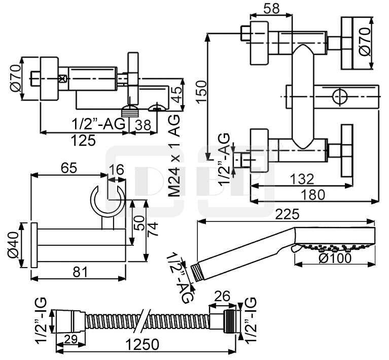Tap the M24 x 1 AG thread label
click(x=174, y=155)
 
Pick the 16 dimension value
click(x=117, y=170)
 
